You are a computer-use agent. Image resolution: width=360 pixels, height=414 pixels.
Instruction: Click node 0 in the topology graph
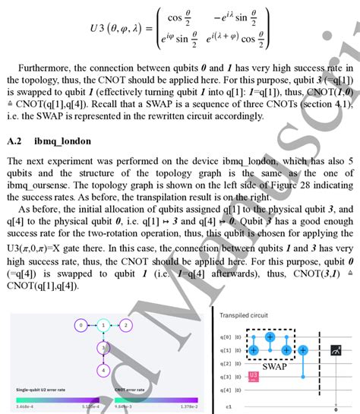79,325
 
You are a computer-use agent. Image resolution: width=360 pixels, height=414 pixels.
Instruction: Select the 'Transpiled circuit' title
246,314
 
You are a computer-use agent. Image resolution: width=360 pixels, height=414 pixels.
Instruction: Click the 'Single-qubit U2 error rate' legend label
49,389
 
